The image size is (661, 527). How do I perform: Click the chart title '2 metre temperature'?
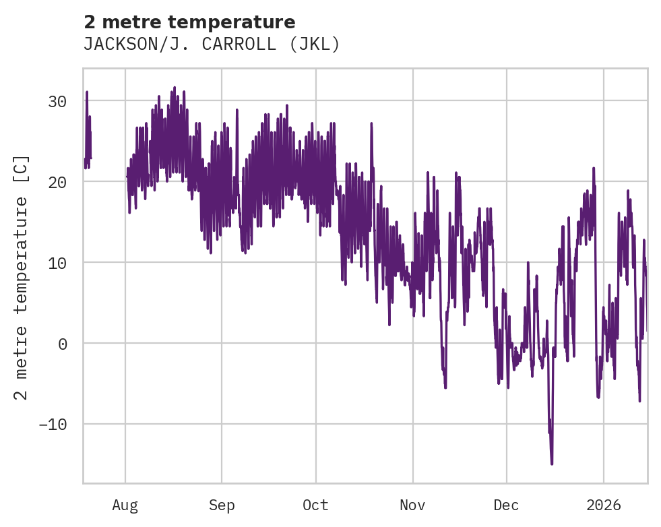click(x=189, y=22)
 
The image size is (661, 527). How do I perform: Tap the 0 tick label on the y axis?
click(x=61, y=344)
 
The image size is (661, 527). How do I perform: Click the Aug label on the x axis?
click(x=125, y=505)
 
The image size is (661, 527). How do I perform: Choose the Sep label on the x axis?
click(x=221, y=505)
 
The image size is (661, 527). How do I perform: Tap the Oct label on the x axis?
click(x=315, y=505)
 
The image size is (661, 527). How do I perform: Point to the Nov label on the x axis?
click(x=412, y=505)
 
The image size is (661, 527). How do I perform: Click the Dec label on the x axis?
click(x=506, y=505)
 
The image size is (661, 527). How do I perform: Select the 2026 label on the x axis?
click(x=604, y=505)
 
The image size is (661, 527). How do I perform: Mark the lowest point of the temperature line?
click(x=552, y=464)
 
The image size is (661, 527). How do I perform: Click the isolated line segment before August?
click(x=88, y=135)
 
